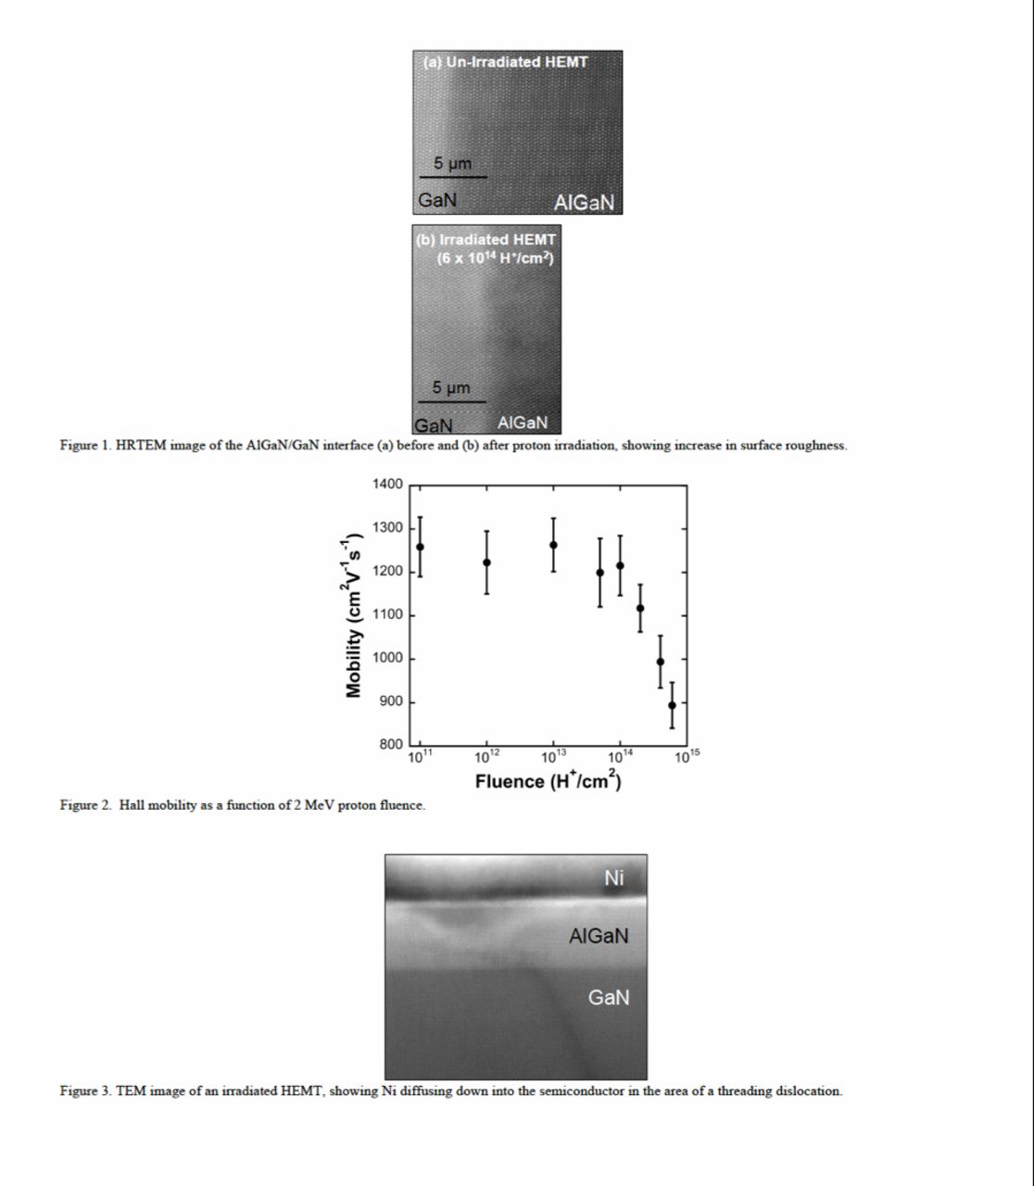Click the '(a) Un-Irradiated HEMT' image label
tap(505, 62)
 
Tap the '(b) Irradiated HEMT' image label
tap(486, 240)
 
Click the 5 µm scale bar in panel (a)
tap(453, 176)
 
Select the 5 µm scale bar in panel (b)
tap(451, 400)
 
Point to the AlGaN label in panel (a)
tap(584, 202)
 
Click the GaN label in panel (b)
tap(433, 425)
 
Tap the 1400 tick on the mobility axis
tap(387, 485)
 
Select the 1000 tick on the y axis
tap(387, 659)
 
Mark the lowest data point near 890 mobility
tap(672, 705)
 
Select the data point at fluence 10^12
tap(486, 562)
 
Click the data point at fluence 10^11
tap(420, 547)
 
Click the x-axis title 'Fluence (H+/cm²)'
tap(548, 781)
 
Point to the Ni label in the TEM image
tap(614, 877)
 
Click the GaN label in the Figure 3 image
tap(608, 998)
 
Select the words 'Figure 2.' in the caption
tap(86, 805)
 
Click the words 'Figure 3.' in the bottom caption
tap(86, 1091)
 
